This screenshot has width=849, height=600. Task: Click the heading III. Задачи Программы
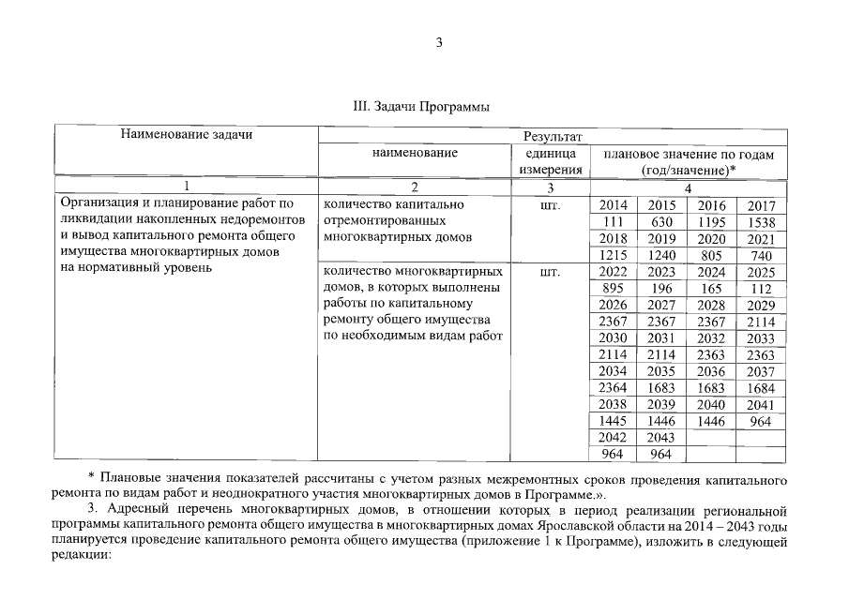pyautogui.click(x=423, y=107)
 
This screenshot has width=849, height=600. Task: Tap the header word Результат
pyautogui.click(x=553, y=137)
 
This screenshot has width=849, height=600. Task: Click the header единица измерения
pyautogui.click(x=552, y=161)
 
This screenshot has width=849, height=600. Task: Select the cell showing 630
pyautogui.click(x=661, y=221)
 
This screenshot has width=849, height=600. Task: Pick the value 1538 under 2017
pyautogui.click(x=761, y=221)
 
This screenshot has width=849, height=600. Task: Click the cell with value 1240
pyautogui.click(x=661, y=255)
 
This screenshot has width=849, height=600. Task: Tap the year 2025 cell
pyautogui.click(x=761, y=272)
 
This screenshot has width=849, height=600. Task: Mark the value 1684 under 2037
pyautogui.click(x=761, y=388)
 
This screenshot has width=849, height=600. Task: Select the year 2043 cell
pyautogui.click(x=661, y=438)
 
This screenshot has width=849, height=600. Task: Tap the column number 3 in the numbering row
pyautogui.click(x=552, y=187)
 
